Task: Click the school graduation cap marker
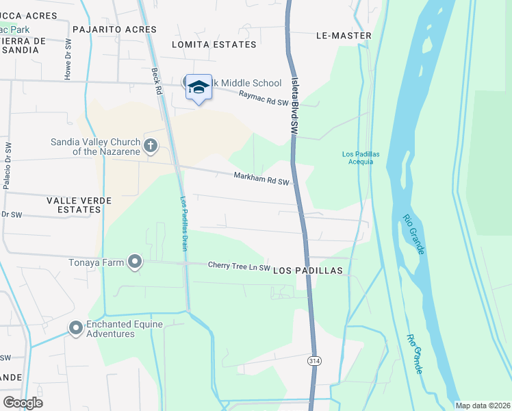coord(199,87)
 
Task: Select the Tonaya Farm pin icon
coord(135,261)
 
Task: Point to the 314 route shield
coord(314,360)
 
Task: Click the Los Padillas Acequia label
coord(358,158)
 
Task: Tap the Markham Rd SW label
coord(263,179)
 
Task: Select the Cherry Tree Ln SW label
coord(240,266)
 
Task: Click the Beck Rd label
coord(157,82)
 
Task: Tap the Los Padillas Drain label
coord(183,223)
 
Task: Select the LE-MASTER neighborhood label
coord(344,36)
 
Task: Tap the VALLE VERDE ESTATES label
coord(78,204)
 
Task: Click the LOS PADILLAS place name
coord(307,271)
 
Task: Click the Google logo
coord(23,403)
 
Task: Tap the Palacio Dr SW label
coord(7,166)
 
